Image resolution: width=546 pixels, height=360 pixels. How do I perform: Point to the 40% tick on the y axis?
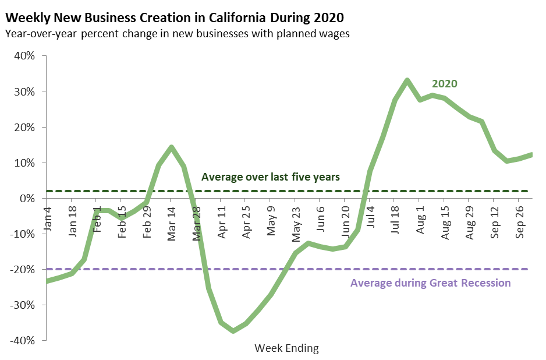pyautogui.click(x=24, y=57)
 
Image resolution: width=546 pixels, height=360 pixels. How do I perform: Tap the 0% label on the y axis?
pyautogui.click(x=27, y=199)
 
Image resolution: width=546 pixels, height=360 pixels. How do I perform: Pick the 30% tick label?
pyautogui.click(x=24, y=92)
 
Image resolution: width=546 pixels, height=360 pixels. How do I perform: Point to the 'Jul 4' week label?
pyautogui.click(x=370, y=216)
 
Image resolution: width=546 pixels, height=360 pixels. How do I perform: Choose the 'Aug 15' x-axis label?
pyautogui.click(x=445, y=219)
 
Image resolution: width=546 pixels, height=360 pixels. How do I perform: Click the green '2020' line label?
pyautogui.click(x=444, y=84)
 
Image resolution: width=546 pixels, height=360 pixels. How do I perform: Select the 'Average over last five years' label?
pyautogui.click(x=270, y=177)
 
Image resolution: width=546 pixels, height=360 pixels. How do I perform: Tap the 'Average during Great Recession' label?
pyautogui.click(x=430, y=284)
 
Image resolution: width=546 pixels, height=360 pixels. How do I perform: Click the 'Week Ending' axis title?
pyautogui.click(x=286, y=348)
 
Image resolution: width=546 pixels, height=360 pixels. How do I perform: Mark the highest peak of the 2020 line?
pyautogui.click(x=407, y=80)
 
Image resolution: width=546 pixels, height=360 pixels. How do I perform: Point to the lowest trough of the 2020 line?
pyautogui.click(x=233, y=331)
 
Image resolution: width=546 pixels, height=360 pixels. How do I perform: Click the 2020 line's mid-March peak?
pyautogui.click(x=171, y=147)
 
